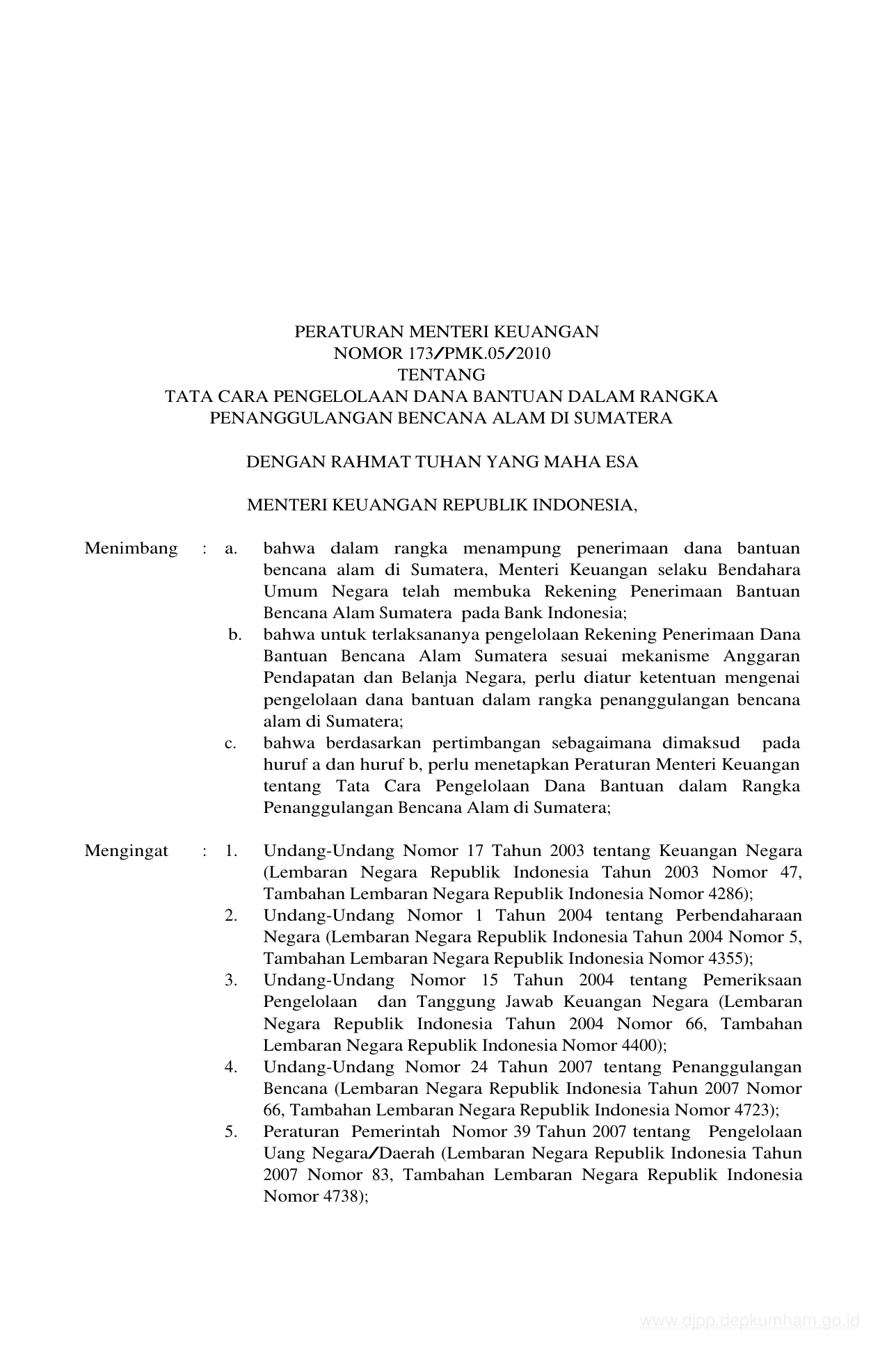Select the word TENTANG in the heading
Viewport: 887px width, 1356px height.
coord(441,376)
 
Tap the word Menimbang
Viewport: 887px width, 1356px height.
coord(131,549)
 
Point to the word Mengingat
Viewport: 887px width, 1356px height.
coord(126,851)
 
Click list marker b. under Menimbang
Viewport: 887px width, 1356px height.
coord(234,635)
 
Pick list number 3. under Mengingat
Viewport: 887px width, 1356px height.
coord(231,980)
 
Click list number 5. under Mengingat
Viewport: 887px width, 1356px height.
coord(231,1132)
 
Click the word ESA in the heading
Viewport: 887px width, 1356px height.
coord(622,462)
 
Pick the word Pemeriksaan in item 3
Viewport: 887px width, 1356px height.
coord(752,980)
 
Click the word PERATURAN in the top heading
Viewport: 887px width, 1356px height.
coord(340,332)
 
